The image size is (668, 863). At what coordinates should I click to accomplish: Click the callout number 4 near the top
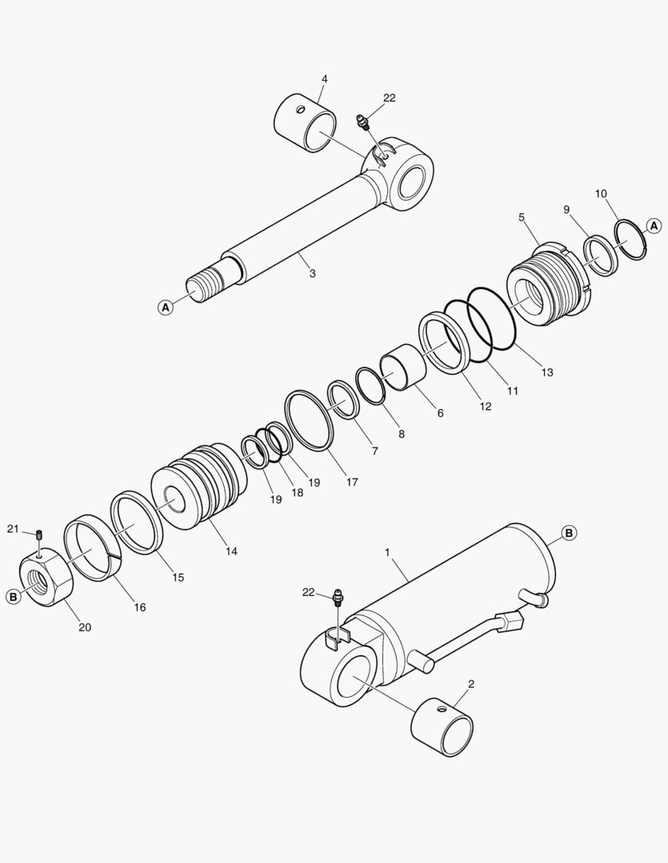click(x=325, y=79)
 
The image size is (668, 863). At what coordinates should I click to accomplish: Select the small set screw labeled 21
click(x=40, y=535)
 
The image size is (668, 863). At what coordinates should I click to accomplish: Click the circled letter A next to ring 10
click(x=654, y=225)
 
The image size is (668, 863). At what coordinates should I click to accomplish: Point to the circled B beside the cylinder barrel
click(x=570, y=533)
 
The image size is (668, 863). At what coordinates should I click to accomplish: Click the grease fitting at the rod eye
click(x=364, y=122)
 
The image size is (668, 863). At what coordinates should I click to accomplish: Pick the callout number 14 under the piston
click(x=231, y=551)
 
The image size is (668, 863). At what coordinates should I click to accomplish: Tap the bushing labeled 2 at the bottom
click(x=442, y=728)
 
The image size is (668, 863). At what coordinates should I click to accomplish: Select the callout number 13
click(x=546, y=372)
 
